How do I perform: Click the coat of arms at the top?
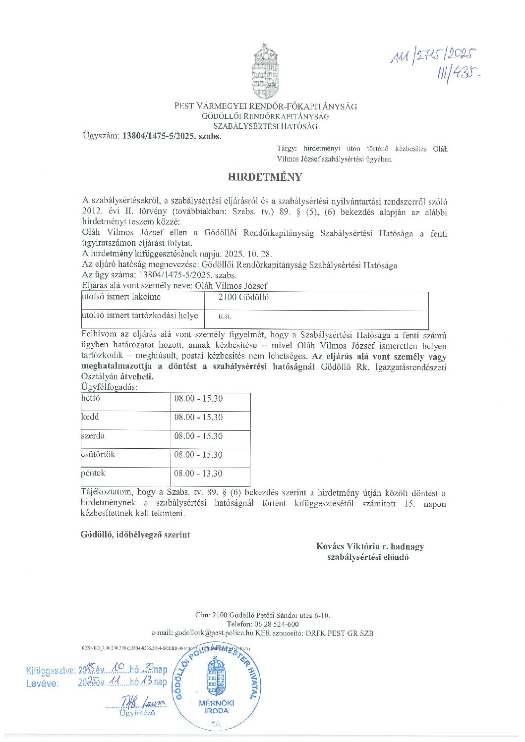click(x=265, y=72)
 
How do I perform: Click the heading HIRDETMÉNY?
click(x=265, y=177)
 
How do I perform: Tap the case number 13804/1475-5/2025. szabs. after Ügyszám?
click(x=172, y=136)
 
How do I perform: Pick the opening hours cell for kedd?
click(x=198, y=417)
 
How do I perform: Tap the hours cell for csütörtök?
click(x=198, y=455)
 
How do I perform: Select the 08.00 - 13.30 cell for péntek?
click(x=198, y=474)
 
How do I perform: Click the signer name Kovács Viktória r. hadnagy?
click(x=370, y=546)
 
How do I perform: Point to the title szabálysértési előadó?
click(x=368, y=557)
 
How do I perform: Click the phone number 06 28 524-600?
click(x=277, y=624)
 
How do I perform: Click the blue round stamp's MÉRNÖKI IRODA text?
click(x=217, y=706)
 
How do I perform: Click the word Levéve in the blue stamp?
click(x=42, y=683)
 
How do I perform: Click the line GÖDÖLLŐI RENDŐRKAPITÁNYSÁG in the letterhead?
click(x=265, y=116)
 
